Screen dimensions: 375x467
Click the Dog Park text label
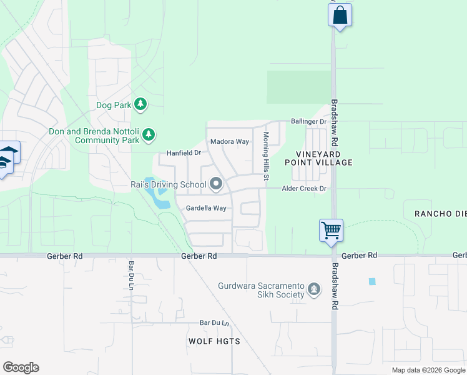[114, 106]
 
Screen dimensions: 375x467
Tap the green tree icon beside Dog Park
[141, 104]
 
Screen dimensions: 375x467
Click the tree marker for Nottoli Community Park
[149, 134]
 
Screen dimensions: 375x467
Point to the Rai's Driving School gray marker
[217, 184]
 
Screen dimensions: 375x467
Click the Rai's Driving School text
[168, 184]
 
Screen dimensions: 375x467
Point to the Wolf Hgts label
[214, 341]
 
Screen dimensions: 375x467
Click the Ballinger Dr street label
[308, 121]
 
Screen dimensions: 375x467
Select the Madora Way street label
[229, 142]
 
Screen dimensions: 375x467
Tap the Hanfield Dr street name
[184, 152]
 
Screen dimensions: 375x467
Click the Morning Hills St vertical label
[266, 156]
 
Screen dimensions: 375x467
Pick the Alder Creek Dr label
[305, 188]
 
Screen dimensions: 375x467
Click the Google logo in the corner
[21, 367]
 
